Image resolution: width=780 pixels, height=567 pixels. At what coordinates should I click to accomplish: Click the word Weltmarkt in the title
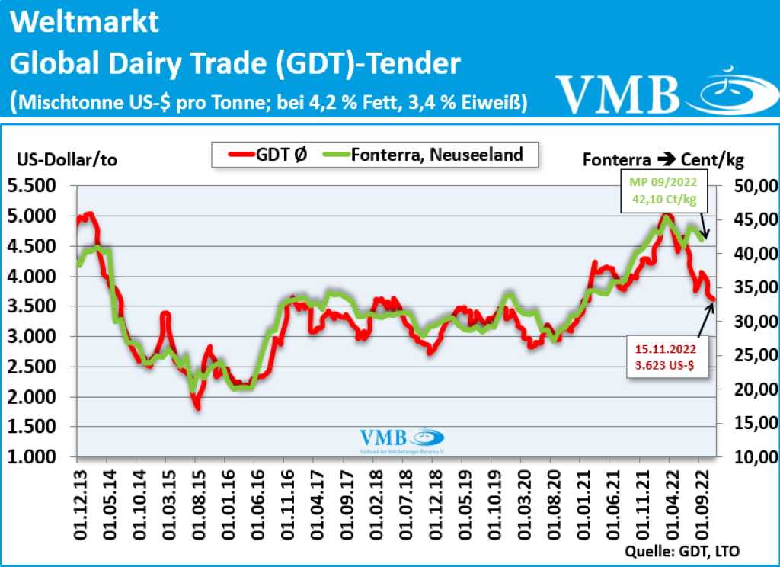85,22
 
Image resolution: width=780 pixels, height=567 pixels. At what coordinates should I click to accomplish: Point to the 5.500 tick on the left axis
37,186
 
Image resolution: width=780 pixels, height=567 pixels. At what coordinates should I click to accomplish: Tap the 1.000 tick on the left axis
37,457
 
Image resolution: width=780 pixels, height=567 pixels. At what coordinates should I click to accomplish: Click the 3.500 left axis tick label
37,306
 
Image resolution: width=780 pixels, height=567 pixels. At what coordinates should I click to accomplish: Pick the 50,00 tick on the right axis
754,186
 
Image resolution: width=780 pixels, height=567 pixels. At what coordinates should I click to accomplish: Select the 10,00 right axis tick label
754,457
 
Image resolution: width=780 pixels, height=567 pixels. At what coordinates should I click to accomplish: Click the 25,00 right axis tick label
754,356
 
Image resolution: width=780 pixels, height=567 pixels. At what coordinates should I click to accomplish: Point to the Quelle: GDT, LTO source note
682,551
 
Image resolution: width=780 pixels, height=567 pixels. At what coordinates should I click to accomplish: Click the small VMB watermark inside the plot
401,440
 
